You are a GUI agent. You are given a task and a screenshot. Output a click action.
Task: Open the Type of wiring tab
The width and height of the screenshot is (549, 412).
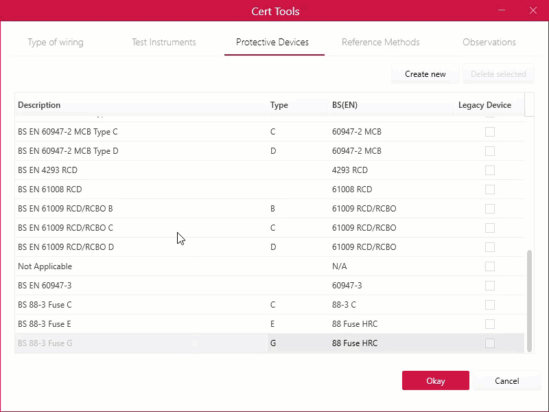point(56,42)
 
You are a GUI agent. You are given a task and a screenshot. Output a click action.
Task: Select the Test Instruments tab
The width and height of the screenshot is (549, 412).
point(164,42)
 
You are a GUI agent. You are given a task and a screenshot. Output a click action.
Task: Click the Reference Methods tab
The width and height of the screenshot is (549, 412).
point(381,42)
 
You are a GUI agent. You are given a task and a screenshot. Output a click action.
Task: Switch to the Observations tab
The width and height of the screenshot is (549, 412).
point(489,42)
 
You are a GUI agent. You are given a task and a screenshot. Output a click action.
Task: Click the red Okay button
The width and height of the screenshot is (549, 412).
point(436,380)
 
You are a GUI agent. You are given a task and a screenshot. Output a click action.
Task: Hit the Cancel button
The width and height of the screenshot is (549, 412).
point(506,380)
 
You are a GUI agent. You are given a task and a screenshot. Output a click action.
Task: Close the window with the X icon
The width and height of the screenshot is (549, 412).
point(533,10)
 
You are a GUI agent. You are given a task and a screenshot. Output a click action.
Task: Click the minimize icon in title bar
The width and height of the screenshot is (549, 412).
point(502,10)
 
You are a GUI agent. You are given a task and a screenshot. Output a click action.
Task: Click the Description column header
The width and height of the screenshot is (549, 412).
point(39,105)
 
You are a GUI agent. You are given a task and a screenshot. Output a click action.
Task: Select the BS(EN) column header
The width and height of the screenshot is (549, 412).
point(344,105)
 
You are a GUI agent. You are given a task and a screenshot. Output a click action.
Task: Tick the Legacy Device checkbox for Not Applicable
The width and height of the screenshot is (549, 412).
point(490,266)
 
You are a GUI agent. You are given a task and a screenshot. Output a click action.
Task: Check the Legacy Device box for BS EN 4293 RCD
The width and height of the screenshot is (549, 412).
point(490,170)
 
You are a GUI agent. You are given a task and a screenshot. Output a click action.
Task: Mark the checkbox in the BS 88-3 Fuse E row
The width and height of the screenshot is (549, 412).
point(490,324)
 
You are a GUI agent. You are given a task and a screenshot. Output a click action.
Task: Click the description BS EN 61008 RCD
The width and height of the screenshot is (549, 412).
point(49,190)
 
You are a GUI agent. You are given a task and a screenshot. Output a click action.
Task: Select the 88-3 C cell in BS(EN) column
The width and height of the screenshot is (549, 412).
point(344,305)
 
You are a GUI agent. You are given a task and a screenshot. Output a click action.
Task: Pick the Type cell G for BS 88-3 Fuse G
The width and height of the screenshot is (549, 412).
point(273,343)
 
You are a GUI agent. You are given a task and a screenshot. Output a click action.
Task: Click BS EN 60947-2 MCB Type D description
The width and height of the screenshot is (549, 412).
point(68,151)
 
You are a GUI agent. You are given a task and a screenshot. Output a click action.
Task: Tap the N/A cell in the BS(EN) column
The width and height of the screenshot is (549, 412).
point(339,266)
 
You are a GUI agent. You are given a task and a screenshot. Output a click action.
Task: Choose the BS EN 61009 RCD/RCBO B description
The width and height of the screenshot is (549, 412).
point(65,209)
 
